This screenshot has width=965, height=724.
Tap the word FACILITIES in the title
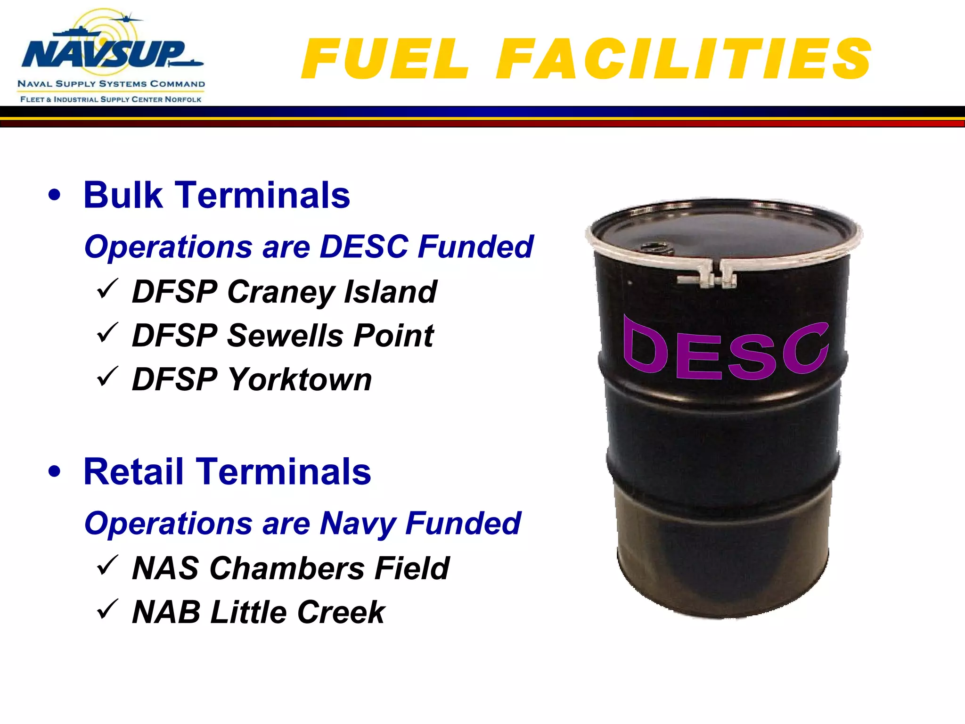point(683,59)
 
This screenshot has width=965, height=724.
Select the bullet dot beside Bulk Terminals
point(55,195)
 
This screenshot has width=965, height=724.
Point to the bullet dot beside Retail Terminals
point(55,471)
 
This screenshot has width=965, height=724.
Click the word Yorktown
point(300,380)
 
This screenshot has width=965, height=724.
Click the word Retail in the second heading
point(133,471)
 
